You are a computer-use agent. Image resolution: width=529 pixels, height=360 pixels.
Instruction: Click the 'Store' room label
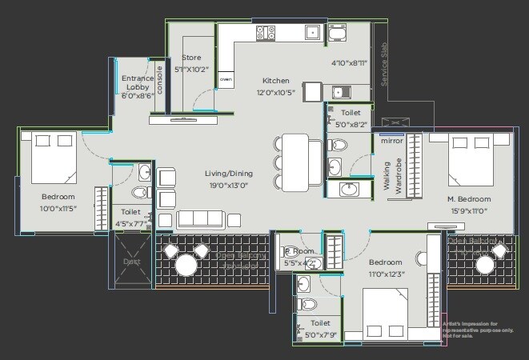(x=190, y=58)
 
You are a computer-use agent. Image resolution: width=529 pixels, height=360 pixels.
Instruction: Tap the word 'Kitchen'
(x=276, y=81)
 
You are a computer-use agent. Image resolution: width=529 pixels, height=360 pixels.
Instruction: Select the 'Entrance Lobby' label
(x=137, y=82)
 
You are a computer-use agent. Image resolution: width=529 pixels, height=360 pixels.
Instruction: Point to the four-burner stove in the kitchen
(x=266, y=33)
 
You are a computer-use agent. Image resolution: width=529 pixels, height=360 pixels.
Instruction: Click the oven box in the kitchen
(x=226, y=80)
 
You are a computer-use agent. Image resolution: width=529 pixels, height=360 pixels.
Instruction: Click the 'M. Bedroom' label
(x=469, y=198)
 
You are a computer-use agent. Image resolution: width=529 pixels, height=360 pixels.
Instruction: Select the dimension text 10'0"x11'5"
(x=58, y=208)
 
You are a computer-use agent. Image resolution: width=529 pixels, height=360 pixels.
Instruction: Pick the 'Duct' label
(x=130, y=261)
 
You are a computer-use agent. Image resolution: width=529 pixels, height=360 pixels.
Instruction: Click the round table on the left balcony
(x=186, y=264)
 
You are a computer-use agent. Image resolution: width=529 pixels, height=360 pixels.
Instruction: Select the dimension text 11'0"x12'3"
(x=387, y=274)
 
